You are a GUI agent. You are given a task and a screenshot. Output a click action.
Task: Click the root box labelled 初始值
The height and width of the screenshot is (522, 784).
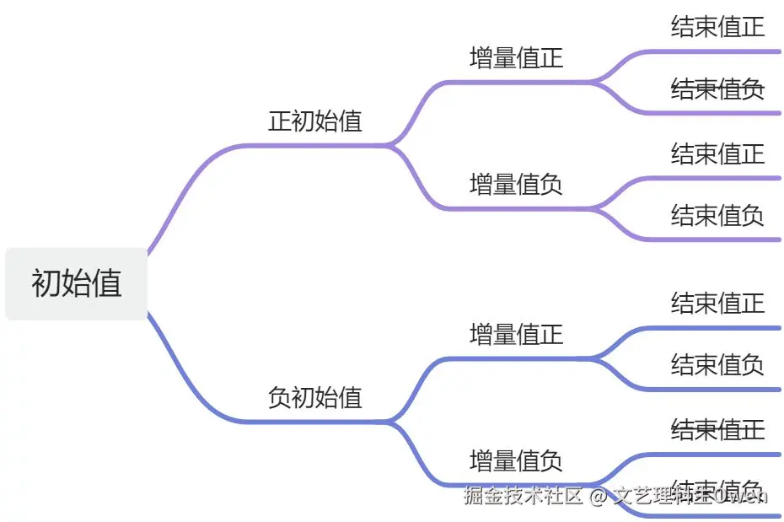(x=77, y=283)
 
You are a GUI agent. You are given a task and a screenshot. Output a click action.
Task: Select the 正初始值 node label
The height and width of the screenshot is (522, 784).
(x=314, y=121)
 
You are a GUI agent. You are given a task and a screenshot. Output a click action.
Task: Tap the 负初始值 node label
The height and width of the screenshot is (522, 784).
(x=314, y=397)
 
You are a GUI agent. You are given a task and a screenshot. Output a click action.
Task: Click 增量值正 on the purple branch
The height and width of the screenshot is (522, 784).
(x=516, y=57)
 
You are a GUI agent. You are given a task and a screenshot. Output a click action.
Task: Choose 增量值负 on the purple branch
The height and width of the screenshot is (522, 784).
(x=516, y=183)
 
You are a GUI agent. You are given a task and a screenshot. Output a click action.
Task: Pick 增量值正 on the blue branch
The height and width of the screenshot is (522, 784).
(x=516, y=334)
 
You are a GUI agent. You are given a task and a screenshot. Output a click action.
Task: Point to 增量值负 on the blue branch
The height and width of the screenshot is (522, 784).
(x=516, y=460)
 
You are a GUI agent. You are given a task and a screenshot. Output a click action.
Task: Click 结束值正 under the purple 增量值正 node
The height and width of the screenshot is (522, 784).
(x=717, y=26)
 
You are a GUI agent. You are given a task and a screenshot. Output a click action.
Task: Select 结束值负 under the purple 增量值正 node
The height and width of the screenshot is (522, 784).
(x=717, y=89)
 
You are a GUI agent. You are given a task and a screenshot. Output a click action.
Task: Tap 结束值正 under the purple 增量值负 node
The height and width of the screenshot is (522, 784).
(x=717, y=153)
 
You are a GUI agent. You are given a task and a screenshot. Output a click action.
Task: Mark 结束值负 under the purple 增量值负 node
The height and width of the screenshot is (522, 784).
(x=717, y=215)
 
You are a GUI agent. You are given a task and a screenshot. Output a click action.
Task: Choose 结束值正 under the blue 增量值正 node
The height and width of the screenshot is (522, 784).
(x=717, y=302)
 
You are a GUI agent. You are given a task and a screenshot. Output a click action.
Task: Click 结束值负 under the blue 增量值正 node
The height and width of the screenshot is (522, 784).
(x=717, y=364)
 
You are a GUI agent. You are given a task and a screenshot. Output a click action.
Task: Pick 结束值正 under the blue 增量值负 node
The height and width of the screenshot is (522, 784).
(x=717, y=429)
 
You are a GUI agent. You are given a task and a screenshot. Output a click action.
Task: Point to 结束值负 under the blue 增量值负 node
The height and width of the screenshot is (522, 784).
(x=717, y=489)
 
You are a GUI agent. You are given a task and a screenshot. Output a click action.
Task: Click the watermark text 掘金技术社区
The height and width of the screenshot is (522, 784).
(x=523, y=495)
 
